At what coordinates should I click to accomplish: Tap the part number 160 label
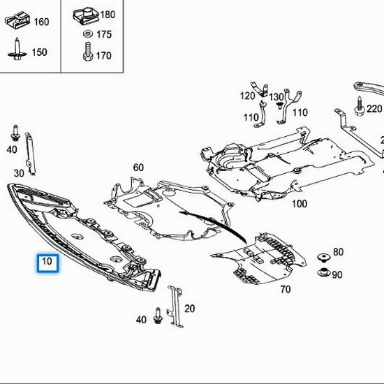tap(41, 22)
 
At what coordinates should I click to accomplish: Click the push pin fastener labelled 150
tap(15, 51)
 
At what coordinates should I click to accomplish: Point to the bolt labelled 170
tap(87, 54)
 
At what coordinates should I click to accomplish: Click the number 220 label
tap(374, 108)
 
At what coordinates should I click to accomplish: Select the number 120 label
tap(248, 96)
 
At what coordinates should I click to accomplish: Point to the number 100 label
tap(299, 204)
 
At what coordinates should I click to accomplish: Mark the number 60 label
tap(138, 168)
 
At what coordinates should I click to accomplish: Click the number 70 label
tap(286, 289)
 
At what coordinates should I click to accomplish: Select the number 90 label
tap(337, 274)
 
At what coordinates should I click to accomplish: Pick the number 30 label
tap(19, 172)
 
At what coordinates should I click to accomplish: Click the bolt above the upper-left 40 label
tap(14, 133)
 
